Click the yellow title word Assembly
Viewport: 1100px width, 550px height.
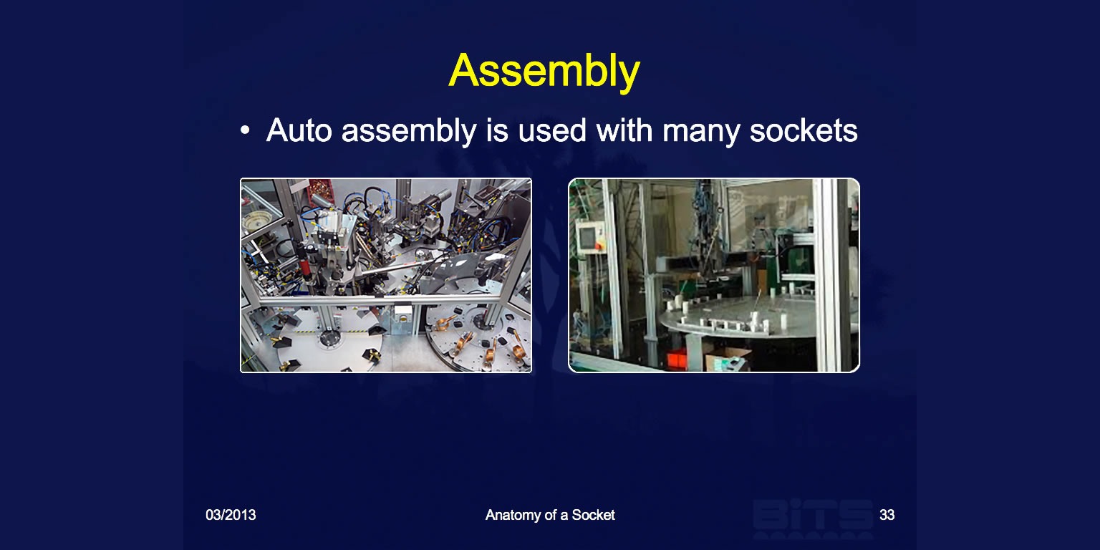tap(544, 72)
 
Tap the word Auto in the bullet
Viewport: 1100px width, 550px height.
tap(299, 130)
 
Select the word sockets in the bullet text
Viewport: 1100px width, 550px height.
tap(804, 130)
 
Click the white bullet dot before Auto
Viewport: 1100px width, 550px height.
tap(245, 130)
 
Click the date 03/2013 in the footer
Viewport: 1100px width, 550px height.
tap(231, 515)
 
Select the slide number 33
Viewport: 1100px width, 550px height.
tap(887, 515)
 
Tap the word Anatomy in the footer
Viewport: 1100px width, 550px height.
tap(513, 515)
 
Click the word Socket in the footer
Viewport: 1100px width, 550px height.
tap(593, 515)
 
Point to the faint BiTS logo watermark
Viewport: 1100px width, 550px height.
tap(813, 518)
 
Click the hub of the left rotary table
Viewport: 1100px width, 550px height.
tap(329, 338)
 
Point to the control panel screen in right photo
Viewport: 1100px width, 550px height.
tap(587, 237)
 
